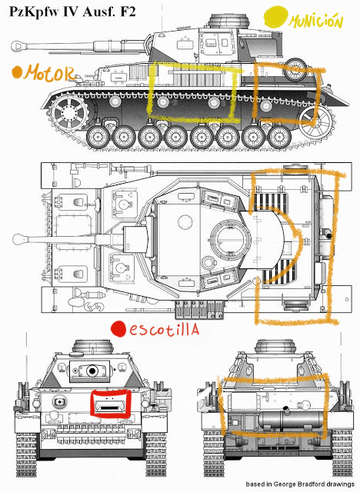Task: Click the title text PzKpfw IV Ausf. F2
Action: coord(72,12)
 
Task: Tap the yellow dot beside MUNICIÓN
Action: coord(276,17)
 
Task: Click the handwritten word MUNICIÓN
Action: coord(316,22)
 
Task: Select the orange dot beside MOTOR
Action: coord(17,72)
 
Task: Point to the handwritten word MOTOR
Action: coord(50,74)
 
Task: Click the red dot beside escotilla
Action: coord(118,329)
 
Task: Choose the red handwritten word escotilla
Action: coord(164,329)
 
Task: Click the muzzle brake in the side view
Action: coord(18,46)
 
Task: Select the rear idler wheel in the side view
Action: coord(316,121)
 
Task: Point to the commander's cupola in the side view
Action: coord(230,22)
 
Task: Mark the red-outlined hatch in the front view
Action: coord(110,403)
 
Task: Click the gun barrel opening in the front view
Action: coord(92,371)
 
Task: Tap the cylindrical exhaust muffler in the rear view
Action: coord(290,420)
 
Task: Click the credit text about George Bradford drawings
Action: coord(300,484)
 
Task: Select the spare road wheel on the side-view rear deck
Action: coord(295,70)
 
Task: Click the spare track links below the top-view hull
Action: coord(199,309)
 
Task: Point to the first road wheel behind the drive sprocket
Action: coord(98,137)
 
